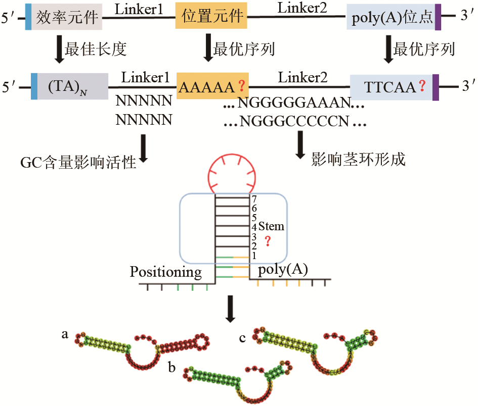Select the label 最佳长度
[x=95, y=49]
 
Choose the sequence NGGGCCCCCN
[x=295, y=122]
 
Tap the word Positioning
[x=166, y=272]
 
